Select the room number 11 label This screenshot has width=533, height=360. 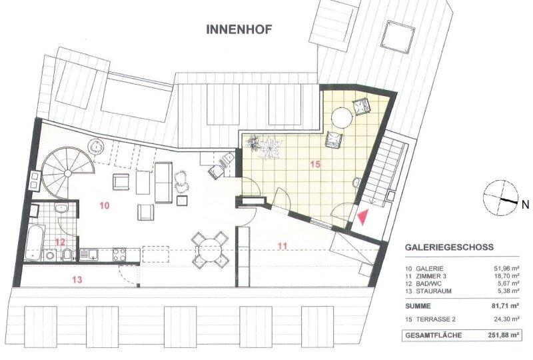pyautogui.click(x=282, y=246)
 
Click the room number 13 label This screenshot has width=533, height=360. pyautogui.click(x=78, y=280)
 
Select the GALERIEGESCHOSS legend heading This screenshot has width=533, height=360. pyautogui.click(x=449, y=247)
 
